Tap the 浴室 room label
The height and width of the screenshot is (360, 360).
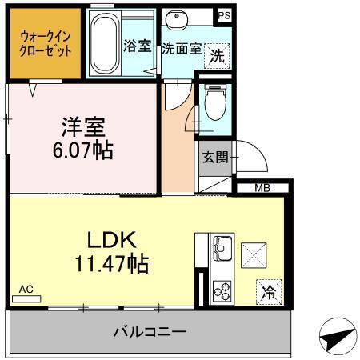[138, 46]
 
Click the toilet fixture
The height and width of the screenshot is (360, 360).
[214, 102]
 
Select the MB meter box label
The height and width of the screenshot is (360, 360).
[262, 189]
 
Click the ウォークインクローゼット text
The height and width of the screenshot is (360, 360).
[46, 42]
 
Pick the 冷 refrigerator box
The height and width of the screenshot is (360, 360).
[270, 292]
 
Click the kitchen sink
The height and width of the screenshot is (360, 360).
[222, 251]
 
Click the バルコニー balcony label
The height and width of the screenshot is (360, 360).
[150, 330]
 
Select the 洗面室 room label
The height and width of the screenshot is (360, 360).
[182, 47]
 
